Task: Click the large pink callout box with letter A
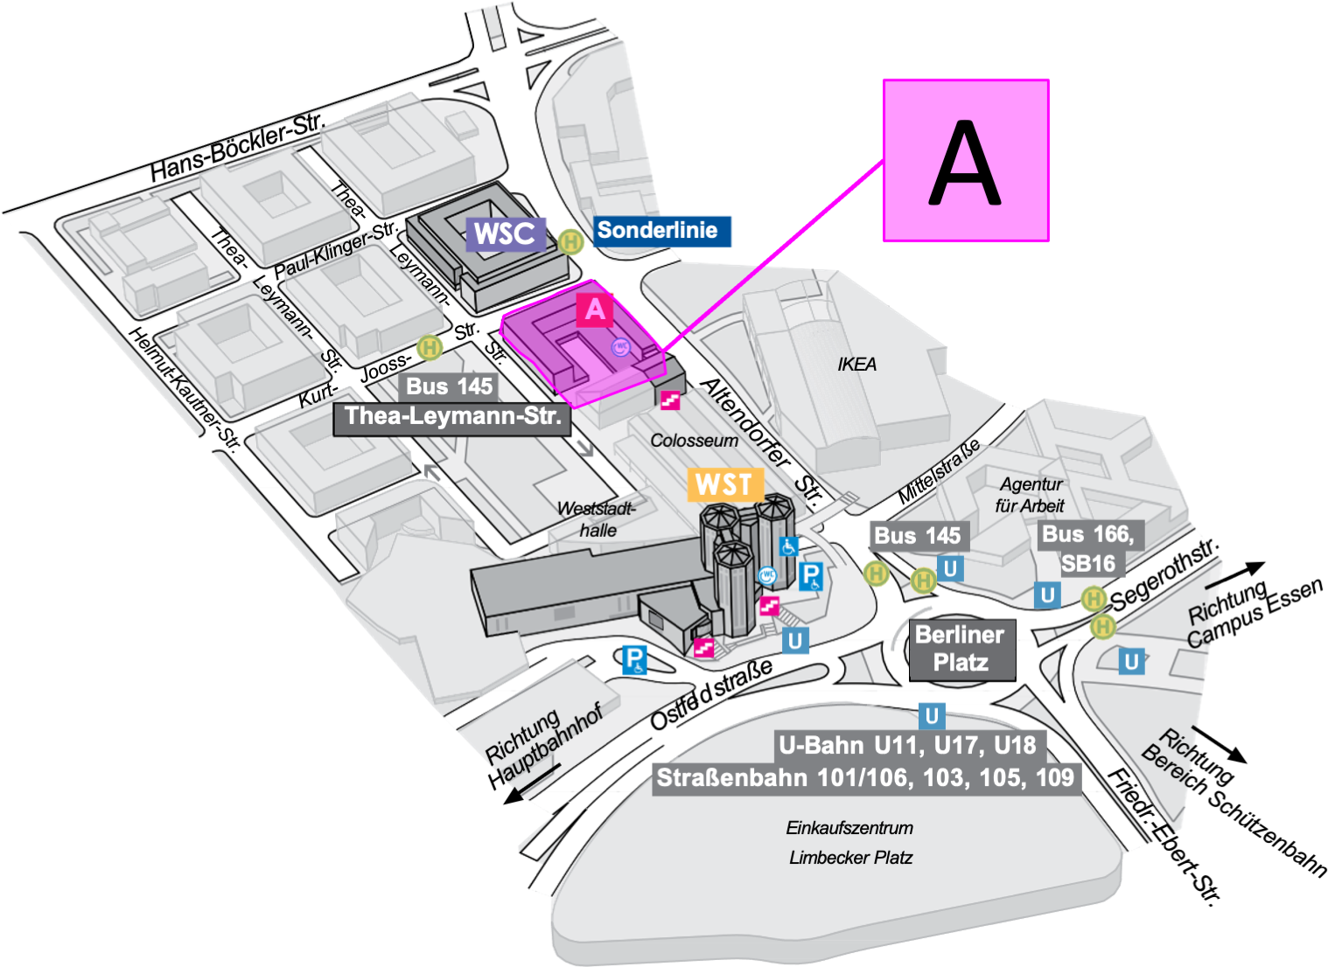[966, 161]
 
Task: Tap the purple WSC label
[505, 234]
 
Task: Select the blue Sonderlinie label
[661, 231]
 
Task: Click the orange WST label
[725, 484]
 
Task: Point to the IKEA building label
[856, 364]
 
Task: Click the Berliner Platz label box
[961, 650]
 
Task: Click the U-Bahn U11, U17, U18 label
[910, 746]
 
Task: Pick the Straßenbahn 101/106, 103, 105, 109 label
[866, 778]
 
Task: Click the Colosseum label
[695, 441]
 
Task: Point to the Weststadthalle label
[596, 519]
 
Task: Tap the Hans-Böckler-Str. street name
[238, 147]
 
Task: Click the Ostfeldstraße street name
[711, 693]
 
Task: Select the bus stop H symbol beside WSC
[570, 242]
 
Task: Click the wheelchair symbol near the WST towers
[788, 546]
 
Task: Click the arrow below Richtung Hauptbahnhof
[532, 784]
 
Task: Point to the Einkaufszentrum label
[849, 828]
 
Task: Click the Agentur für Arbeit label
[1031, 495]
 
